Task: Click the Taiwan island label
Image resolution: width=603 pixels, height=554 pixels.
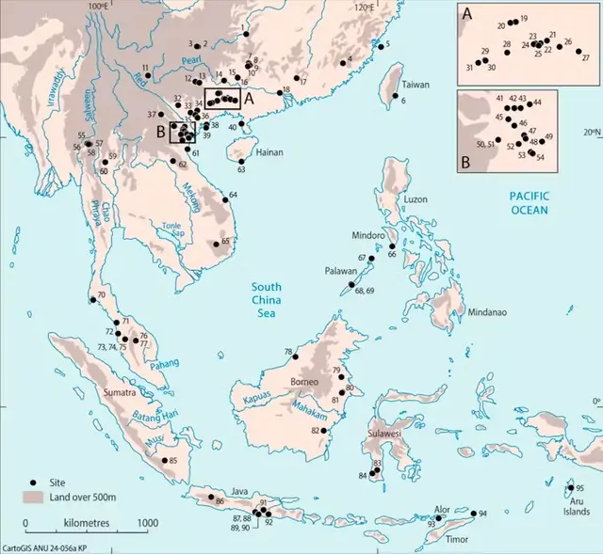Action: tap(416, 84)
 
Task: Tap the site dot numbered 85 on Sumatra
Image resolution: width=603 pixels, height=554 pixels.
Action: tap(165, 461)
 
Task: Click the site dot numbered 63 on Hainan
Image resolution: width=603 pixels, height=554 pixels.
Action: tap(242, 161)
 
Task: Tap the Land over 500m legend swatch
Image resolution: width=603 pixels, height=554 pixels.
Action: tap(34, 496)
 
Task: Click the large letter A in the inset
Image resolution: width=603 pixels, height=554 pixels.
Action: tap(465, 13)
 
